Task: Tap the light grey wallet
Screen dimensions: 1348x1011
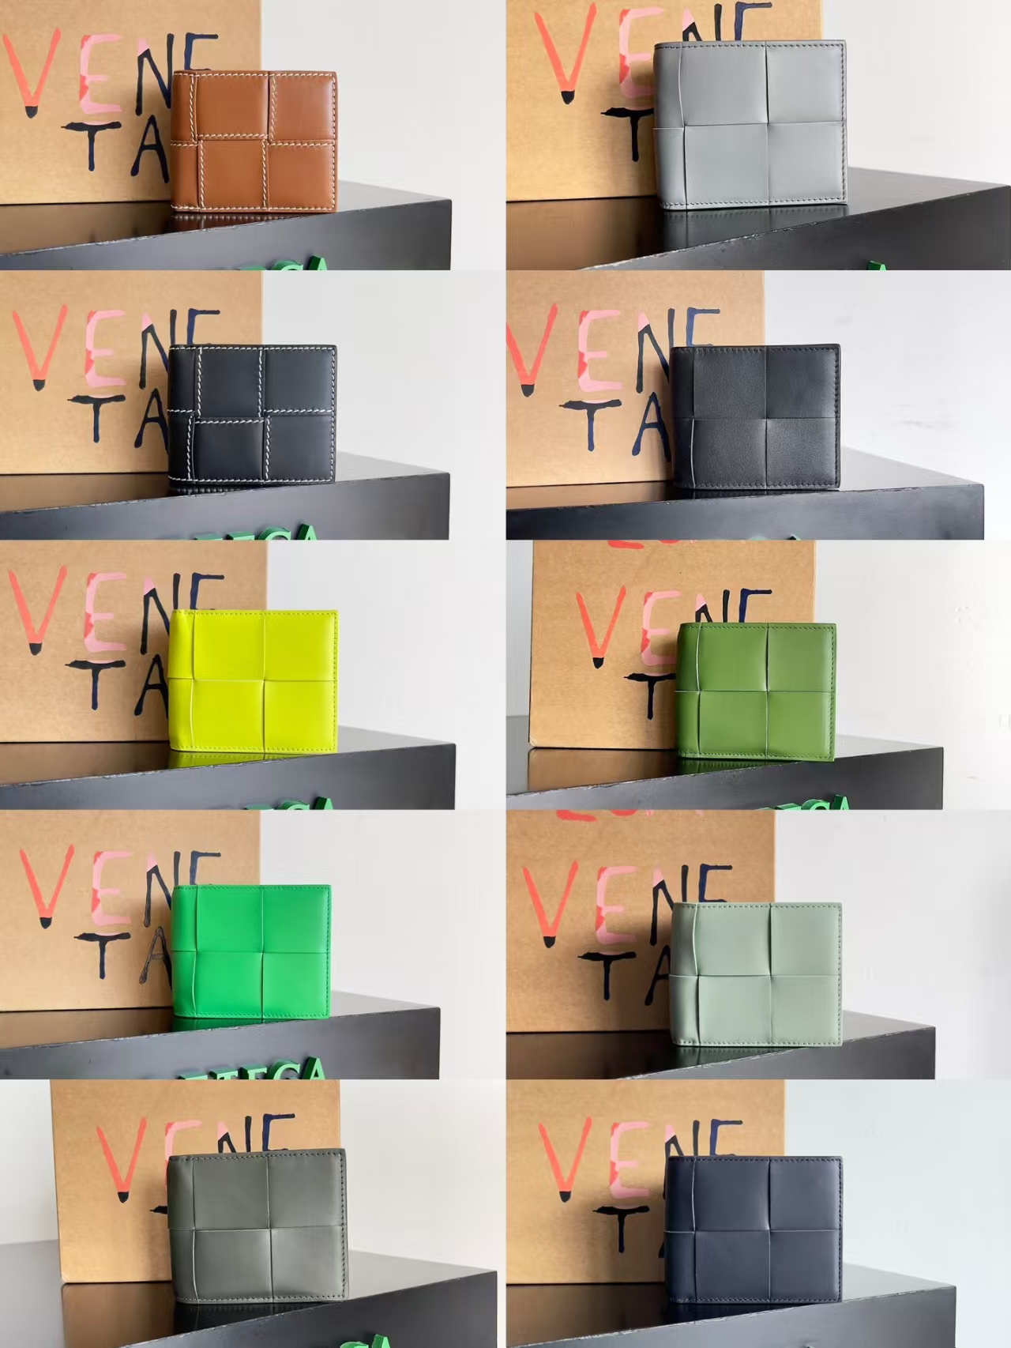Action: (x=750, y=124)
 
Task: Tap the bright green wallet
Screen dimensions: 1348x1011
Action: (x=250, y=956)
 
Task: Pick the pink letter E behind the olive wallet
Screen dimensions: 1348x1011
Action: (x=657, y=627)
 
